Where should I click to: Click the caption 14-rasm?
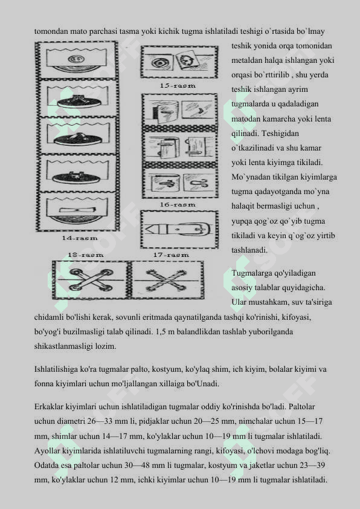(x=80, y=238)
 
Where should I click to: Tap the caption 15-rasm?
(x=178, y=86)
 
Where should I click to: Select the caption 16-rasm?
(x=178, y=204)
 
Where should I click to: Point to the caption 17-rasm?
(x=172, y=255)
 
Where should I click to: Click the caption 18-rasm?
(x=86, y=255)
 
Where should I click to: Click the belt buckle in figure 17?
(x=194, y=230)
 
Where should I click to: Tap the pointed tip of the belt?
(x=146, y=230)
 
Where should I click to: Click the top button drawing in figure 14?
(x=77, y=60)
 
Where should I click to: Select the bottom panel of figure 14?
(x=77, y=211)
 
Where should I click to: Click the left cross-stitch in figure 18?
(x=90, y=279)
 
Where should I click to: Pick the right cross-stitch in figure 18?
(x=166, y=279)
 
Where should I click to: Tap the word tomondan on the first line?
(x=51, y=31)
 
